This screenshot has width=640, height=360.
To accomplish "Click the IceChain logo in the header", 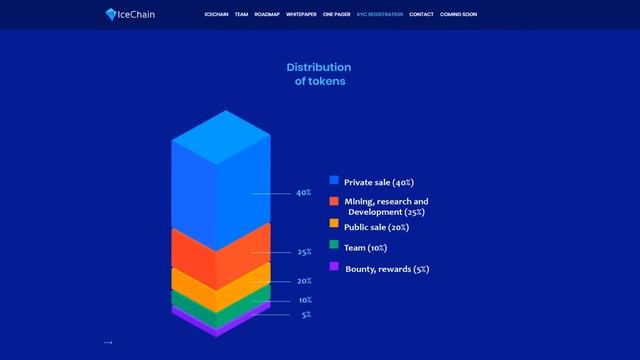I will coord(131,14).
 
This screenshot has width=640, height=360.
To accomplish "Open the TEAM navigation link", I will coord(241,15).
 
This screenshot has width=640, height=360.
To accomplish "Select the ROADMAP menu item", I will coord(267,15).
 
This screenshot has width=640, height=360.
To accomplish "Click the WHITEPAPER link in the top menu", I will coord(301,15).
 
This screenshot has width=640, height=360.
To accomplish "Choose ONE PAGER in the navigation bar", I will coord(338,15).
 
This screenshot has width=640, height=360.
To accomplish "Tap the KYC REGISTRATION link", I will coord(379,15).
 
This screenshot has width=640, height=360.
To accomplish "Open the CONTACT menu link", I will coord(421,15).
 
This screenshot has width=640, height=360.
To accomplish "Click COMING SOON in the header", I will coord(459,15).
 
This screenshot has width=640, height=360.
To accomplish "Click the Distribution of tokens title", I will coord(319,74).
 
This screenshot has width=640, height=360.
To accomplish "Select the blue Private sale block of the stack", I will coord(220,180).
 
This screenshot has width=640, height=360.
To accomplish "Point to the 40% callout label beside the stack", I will coord(304,193).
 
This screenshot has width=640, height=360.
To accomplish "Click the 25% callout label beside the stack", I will coord(304,252).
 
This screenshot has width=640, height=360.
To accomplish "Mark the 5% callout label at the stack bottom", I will coord(306,315).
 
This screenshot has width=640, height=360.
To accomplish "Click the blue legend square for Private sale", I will coord(334,180).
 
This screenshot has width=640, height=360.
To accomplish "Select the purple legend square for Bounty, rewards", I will coord(334,266).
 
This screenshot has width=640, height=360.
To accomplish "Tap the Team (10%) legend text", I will coord(365,247).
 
